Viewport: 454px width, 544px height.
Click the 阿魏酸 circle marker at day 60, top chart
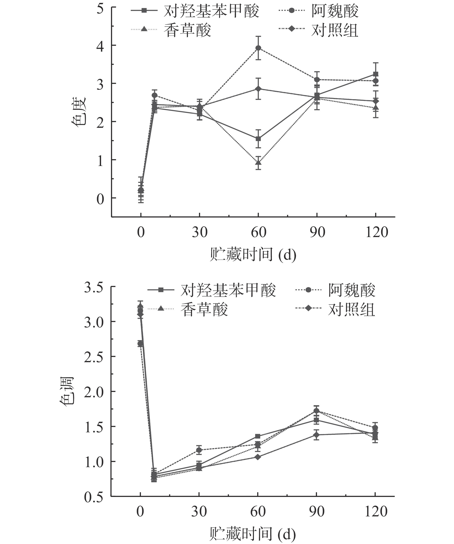pyautogui.click(x=258, y=48)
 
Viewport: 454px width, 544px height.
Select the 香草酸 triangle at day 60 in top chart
pyautogui.click(x=258, y=163)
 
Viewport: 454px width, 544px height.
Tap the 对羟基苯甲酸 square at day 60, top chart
pyautogui.click(x=258, y=139)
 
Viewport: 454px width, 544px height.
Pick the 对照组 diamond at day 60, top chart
pyautogui.click(x=258, y=89)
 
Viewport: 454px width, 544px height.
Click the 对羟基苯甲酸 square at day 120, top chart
pyautogui.click(x=376, y=74)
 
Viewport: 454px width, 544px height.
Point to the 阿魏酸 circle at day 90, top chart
pyautogui.click(x=317, y=79)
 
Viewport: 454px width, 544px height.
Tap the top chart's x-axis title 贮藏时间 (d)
pyautogui.click(x=253, y=255)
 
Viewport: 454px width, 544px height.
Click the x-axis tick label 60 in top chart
pyautogui.click(x=258, y=232)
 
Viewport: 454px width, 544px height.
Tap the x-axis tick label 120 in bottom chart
pyautogui.click(x=376, y=512)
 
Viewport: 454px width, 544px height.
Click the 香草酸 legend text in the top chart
pyautogui.click(x=187, y=31)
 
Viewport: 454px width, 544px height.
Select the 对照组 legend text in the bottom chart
pyautogui.click(x=351, y=310)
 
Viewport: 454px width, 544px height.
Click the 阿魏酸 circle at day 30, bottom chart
pyautogui.click(x=199, y=450)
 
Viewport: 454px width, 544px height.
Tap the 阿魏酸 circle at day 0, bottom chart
pyautogui.click(x=140, y=344)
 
